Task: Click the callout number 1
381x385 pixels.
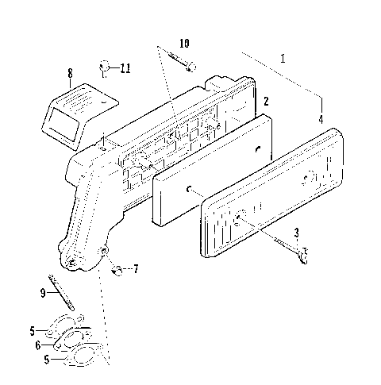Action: pos(283,58)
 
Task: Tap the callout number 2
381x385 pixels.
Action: pos(267,101)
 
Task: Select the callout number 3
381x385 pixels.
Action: pos(296,233)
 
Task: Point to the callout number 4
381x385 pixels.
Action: pos(321,120)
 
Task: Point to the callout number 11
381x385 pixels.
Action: pos(125,68)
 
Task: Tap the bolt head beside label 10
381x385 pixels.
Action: pos(191,68)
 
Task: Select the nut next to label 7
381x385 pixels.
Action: pos(117,271)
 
